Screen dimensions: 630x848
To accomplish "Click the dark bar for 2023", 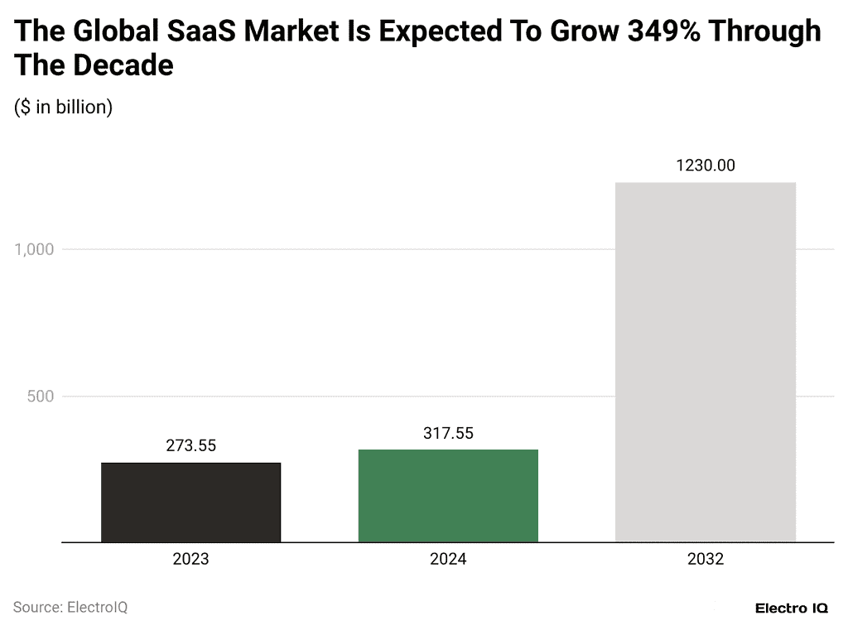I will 190,503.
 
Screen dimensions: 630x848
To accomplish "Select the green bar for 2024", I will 448,496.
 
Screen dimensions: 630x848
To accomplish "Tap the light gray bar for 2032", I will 706,363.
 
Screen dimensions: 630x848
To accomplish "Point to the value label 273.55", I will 190,446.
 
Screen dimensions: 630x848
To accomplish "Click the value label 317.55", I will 448,433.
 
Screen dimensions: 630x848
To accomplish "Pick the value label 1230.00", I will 706,166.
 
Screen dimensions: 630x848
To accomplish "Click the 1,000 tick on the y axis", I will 34,249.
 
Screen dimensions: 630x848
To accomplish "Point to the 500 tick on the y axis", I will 39,397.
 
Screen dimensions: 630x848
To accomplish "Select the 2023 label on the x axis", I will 190,560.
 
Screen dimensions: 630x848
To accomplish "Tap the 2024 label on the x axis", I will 448,560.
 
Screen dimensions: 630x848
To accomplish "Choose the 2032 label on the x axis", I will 706,560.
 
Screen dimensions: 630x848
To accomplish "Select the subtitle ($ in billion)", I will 64,108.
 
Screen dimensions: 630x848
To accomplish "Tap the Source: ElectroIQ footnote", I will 70,608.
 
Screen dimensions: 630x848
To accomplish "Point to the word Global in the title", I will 112,31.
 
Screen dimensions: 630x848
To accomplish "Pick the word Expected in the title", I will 451,31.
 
